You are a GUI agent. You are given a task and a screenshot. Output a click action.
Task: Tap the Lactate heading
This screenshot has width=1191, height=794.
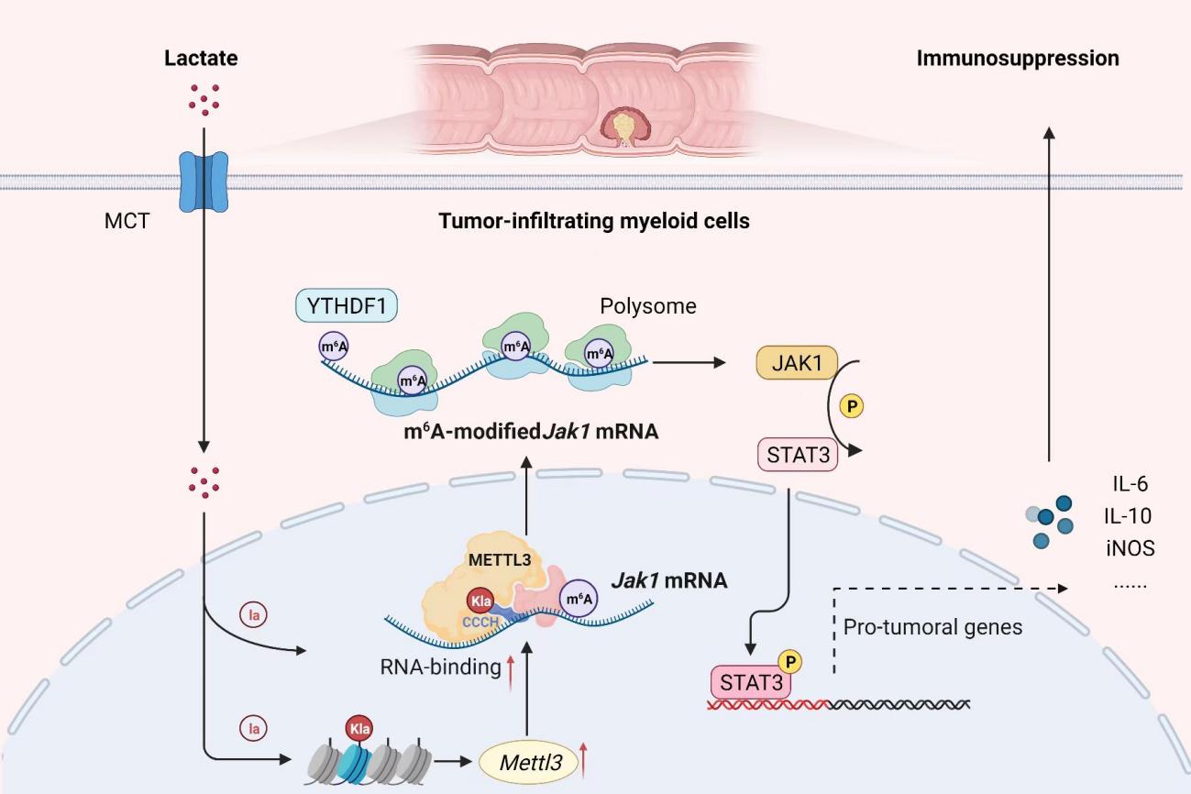201,59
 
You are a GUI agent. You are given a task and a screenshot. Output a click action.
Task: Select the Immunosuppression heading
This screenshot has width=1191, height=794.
1018,59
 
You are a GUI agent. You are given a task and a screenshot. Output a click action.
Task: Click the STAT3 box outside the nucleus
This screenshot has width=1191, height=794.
797,453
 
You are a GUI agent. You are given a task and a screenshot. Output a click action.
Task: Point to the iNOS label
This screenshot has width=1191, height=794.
1130,548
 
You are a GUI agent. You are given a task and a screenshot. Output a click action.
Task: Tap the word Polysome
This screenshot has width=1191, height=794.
648,306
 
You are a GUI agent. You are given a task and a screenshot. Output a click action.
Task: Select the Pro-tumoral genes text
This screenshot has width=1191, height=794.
931,627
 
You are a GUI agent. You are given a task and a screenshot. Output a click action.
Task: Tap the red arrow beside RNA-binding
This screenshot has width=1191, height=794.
508,667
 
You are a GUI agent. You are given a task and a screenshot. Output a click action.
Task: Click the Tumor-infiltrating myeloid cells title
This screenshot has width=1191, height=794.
594,221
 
